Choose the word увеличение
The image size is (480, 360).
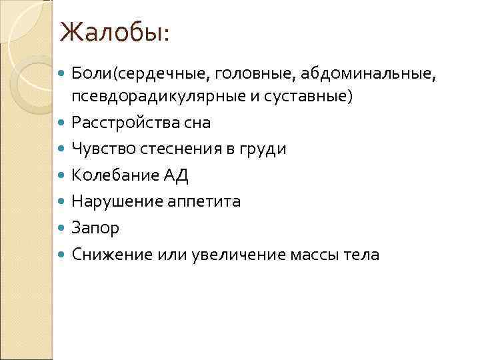237,254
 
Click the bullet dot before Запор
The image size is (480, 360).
63,228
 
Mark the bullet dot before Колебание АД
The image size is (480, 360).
63,175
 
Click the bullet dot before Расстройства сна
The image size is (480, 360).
63,123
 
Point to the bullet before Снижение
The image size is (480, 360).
63,254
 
